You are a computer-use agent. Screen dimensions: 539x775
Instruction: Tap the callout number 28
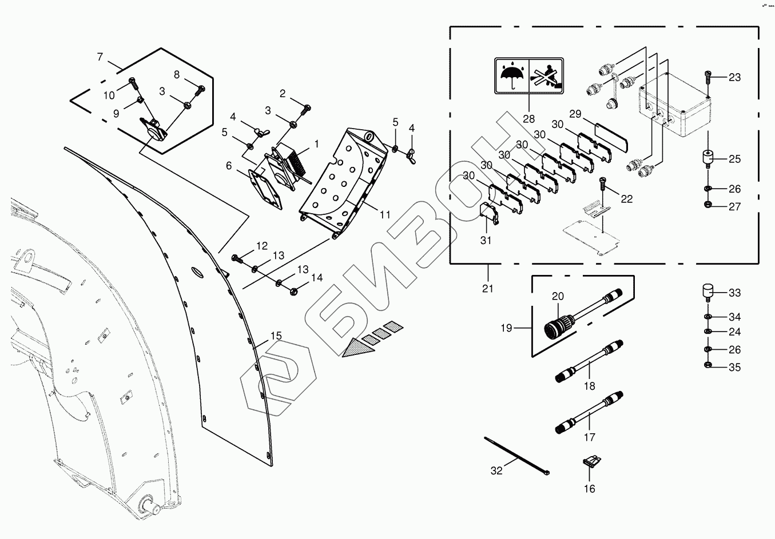(x=528, y=119)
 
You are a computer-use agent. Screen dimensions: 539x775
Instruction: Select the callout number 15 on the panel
(x=276, y=336)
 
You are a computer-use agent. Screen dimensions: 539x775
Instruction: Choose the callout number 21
(x=487, y=289)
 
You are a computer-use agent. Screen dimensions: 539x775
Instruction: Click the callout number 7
(x=100, y=57)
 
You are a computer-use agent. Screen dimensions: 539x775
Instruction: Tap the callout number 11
(x=385, y=215)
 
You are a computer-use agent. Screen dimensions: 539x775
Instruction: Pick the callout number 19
(x=506, y=328)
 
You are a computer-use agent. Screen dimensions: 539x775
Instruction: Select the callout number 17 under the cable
(x=589, y=437)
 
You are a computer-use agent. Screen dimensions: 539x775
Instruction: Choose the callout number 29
(x=575, y=114)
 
